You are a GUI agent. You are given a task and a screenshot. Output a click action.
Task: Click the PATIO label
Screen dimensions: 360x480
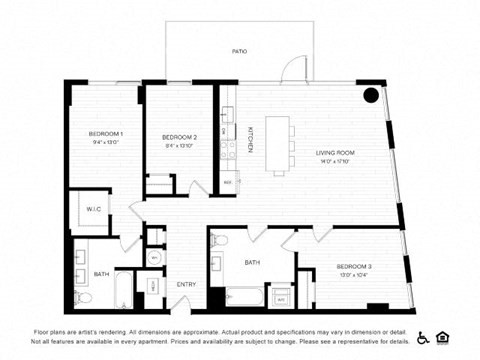pyautogui.click(x=239, y=51)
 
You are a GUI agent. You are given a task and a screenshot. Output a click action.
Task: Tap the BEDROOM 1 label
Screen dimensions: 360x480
pyautogui.click(x=105, y=134)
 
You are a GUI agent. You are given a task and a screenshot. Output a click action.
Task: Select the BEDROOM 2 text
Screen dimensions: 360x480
pyautogui.click(x=179, y=137)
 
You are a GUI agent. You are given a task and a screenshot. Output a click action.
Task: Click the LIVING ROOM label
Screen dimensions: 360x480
pyautogui.click(x=335, y=152)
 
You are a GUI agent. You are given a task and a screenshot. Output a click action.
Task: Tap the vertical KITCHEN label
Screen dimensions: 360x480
pyautogui.click(x=250, y=140)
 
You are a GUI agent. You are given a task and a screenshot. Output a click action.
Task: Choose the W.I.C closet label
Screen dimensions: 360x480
pyautogui.click(x=93, y=209)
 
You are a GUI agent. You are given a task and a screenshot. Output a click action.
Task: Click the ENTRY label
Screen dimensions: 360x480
pyautogui.click(x=186, y=285)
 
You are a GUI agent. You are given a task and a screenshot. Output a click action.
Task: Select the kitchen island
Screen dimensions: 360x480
pyautogui.click(x=282, y=142)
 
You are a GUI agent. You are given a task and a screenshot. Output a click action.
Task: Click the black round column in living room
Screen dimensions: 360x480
pyautogui.click(x=370, y=96)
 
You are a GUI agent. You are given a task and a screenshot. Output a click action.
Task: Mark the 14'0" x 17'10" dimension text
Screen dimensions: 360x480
pyautogui.click(x=335, y=161)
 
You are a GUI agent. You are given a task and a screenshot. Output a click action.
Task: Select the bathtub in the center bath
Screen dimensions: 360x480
pyautogui.click(x=244, y=296)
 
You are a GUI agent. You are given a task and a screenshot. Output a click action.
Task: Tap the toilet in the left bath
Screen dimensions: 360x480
pyautogui.click(x=85, y=297)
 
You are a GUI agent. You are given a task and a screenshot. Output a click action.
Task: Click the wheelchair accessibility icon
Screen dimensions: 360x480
pyautogui.click(x=423, y=337)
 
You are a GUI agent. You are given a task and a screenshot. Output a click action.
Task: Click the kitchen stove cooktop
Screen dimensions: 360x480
pyautogui.click(x=229, y=151)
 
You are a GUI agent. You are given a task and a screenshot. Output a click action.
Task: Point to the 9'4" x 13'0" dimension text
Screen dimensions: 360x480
pyautogui.click(x=105, y=143)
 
